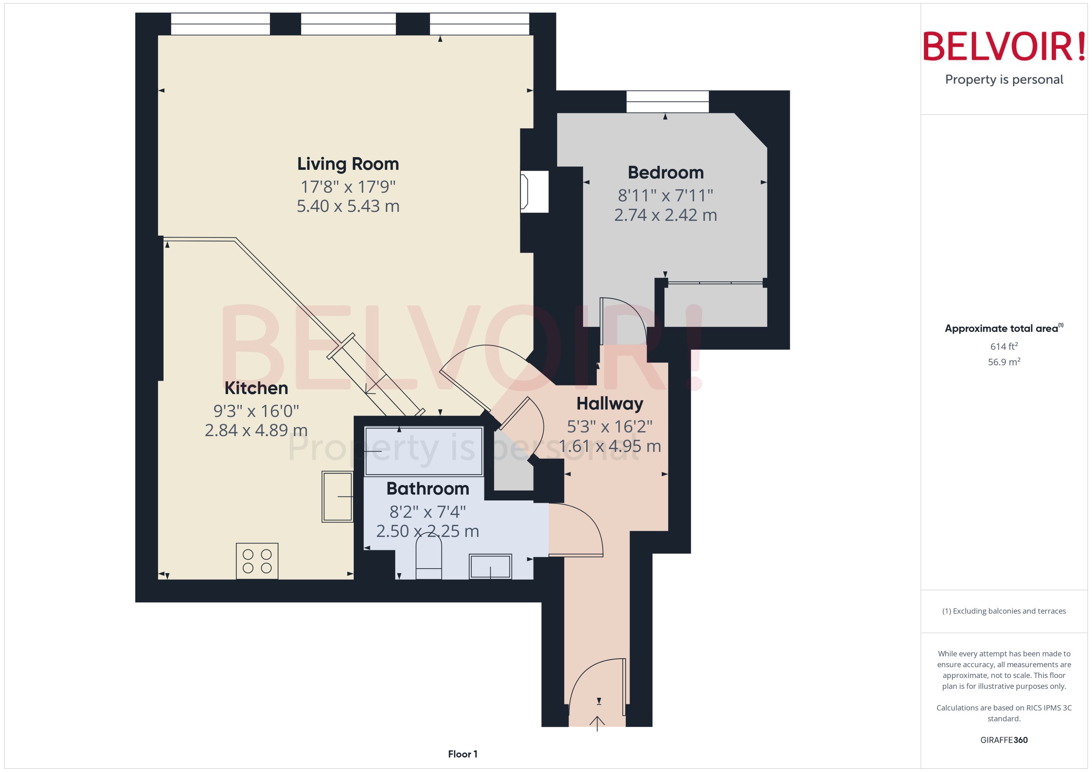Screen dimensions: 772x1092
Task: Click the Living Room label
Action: pos(348,164)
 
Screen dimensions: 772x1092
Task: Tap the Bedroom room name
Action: pos(665,173)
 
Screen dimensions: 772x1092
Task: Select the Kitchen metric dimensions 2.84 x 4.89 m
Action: pos(256,430)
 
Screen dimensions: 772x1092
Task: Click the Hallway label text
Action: pos(610,404)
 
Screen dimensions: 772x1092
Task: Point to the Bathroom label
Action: pos(427,489)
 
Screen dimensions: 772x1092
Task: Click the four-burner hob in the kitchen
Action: pos(257,561)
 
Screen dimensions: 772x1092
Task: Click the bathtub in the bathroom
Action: pos(423,451)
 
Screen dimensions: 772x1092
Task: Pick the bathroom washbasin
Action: pos(490,566)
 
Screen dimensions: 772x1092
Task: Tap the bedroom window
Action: pos(667,101)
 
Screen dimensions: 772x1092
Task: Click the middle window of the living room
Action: pos(348,24)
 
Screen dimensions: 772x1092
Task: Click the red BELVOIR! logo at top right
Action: pos(1004,46)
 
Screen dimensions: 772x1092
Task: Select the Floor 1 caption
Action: pos(462,754)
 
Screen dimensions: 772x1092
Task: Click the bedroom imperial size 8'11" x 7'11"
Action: pos(665,195)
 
